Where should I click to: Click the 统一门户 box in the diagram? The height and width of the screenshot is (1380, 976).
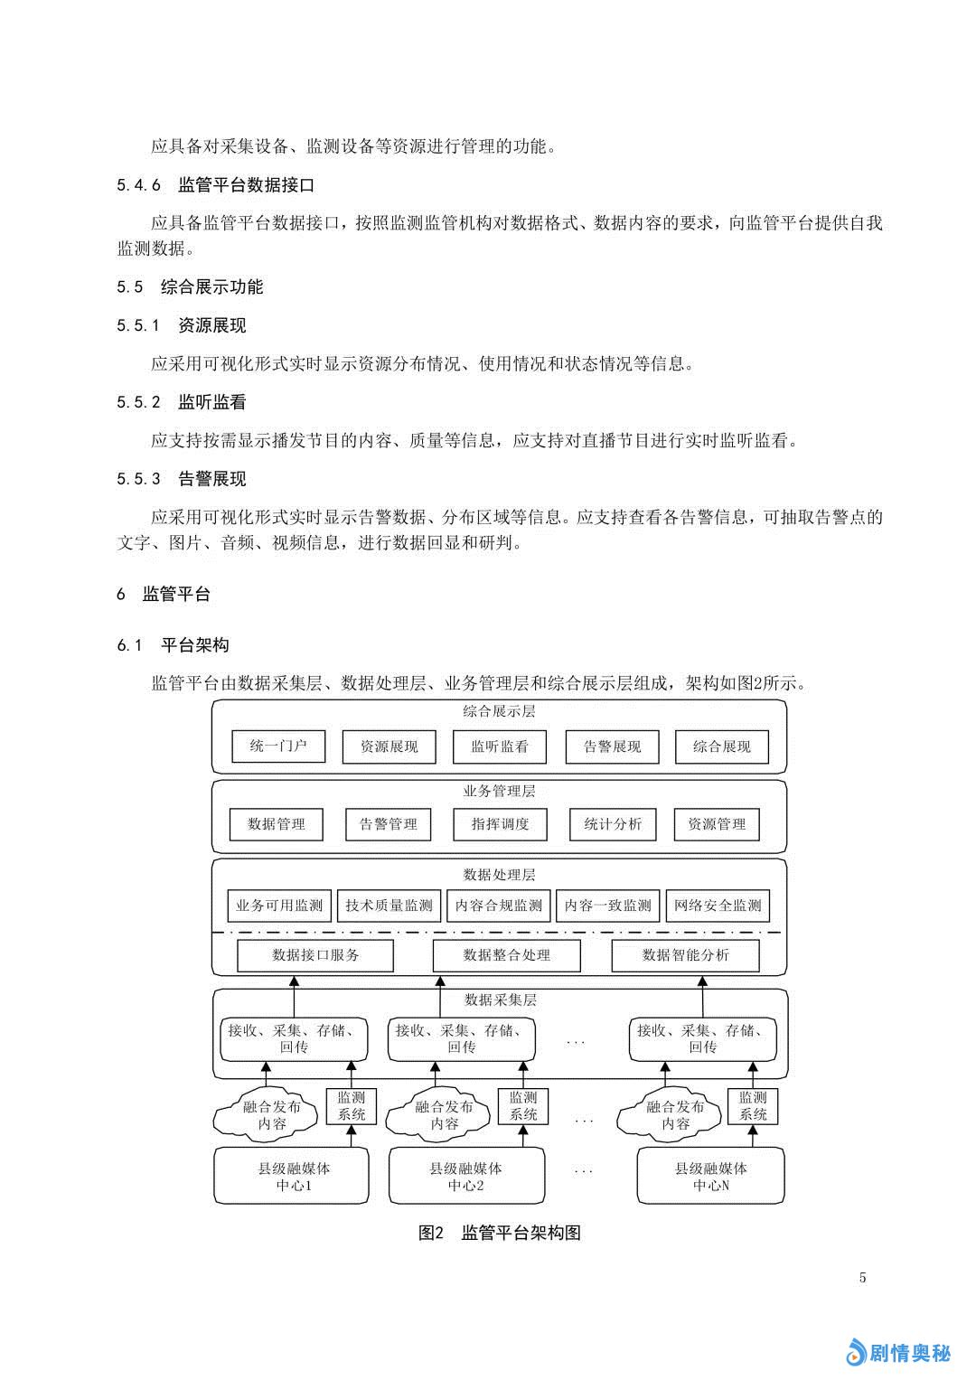[x=278, y=746]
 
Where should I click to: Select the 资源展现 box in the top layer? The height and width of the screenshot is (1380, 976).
[x=389, y=746]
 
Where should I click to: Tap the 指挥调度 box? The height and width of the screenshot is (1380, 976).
[x=500, y=824]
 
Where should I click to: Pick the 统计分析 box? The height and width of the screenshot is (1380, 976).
[x=613, y=824]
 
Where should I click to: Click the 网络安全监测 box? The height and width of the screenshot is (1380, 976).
[x=718, y=906]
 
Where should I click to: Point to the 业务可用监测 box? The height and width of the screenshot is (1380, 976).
[x=279, y=906]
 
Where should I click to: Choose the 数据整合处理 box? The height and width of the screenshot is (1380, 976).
[x=506, y=955]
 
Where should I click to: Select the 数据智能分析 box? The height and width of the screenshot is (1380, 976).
[x=685, y=955]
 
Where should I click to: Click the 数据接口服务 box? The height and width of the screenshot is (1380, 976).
[x=315, y=955]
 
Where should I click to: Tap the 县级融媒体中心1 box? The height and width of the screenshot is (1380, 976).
[x=292, y=1176]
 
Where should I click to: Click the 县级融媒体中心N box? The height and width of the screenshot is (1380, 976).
[x=710, y=1176]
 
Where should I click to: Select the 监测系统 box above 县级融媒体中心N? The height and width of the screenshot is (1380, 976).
[x=753, y=1106]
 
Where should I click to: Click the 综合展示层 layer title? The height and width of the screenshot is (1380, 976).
[x=499, y=711]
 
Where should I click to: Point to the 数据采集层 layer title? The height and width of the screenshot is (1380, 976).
[x=500, y=1000]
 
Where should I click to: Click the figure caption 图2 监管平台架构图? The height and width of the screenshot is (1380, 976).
[x=499, y=1233]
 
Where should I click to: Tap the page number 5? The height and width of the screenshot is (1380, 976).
[x=862, y=1278]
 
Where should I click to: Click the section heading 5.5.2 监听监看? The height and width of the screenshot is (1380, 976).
[x=182, y=402]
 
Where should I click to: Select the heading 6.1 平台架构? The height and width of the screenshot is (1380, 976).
[x=173, y=645]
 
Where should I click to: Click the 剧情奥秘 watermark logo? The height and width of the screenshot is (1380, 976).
[x=898, y=1352]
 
